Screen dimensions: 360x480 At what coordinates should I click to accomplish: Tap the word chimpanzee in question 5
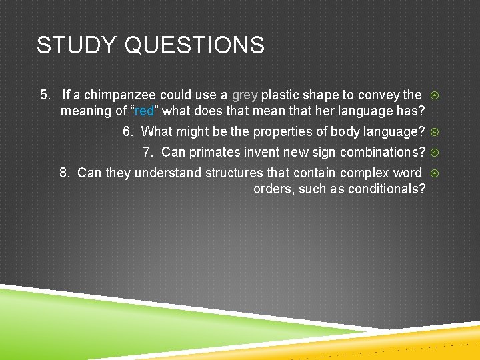pyautogui.click(x=120, y=95)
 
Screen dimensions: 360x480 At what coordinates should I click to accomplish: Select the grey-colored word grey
pyautogui.click(x=245, y=95)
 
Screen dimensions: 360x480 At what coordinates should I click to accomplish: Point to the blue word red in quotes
pyautogui.click(x=143, y=111)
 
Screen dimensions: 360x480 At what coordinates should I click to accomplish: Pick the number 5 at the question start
pyautogui.click(x=45, y=95)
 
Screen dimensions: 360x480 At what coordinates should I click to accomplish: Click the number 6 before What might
pyautogui.click(x=127, y=131)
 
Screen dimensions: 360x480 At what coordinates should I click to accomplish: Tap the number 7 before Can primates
pyautogui.click(x=147, y=152)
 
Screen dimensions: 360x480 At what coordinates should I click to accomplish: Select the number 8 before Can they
pyautogui.click(x=63, y=173)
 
